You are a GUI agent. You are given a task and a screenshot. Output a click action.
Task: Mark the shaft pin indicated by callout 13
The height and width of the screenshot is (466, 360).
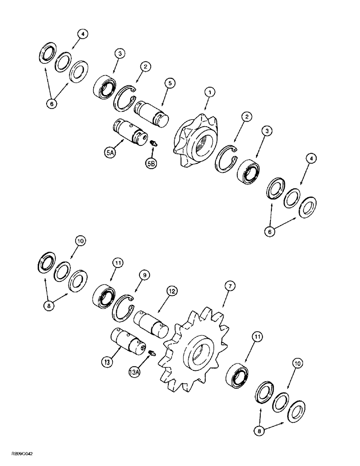[x=127, y=341]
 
